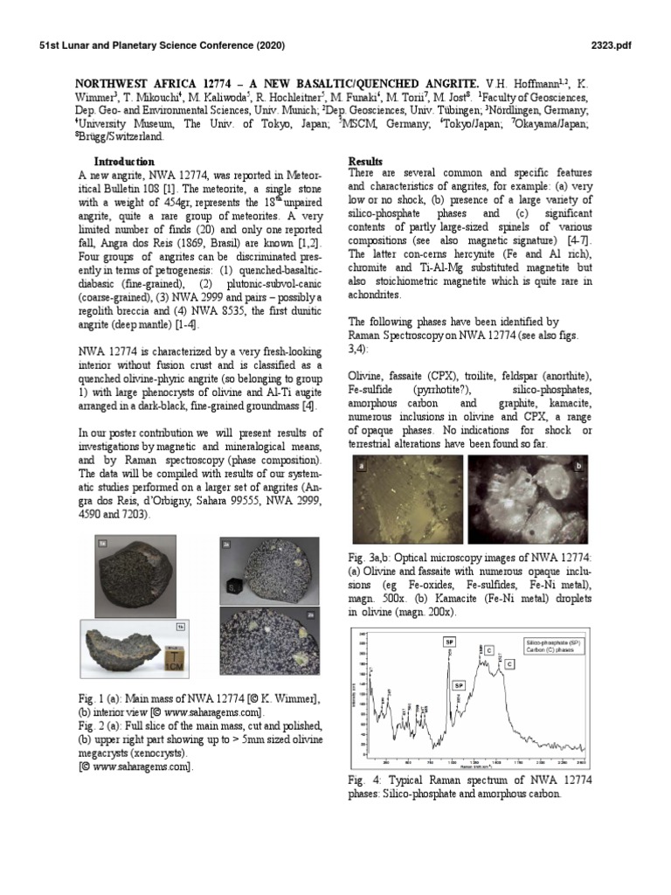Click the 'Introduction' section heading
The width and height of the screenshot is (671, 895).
(124, 162)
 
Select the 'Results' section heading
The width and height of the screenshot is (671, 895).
(366, 162)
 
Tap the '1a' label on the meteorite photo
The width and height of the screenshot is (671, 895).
(180, 626)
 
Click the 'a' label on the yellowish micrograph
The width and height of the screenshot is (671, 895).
(360, 468)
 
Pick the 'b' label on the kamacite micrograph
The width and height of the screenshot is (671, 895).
(578, 468)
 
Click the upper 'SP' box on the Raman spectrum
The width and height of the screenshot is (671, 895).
(449, 642)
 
